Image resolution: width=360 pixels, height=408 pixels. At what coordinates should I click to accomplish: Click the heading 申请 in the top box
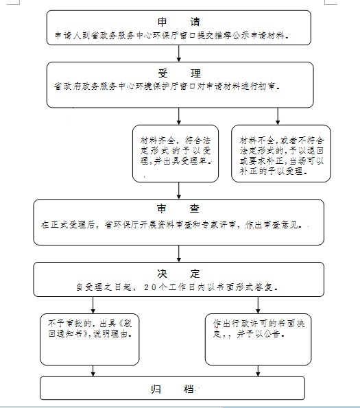point(179,22)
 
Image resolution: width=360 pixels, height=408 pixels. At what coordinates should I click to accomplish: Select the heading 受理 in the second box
point(179,73)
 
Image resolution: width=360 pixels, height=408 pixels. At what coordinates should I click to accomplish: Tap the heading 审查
point(178,208)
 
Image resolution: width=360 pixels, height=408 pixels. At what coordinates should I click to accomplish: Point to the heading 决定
point(178,274)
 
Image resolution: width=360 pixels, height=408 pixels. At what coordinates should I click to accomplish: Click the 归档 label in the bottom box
point(172,389)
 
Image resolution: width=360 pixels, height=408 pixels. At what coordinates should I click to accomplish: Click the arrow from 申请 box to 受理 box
point(179,53)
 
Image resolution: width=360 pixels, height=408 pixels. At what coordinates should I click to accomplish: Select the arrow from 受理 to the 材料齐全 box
point(179,116)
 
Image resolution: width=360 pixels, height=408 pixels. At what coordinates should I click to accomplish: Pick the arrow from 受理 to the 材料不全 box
point(278,116)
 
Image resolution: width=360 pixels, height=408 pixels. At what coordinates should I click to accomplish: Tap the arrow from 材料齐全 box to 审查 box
point(179,191)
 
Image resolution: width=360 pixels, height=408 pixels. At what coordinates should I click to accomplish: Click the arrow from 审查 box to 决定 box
point(179,254)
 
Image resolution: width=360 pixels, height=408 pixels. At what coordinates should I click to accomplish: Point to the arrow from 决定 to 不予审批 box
point(93,305)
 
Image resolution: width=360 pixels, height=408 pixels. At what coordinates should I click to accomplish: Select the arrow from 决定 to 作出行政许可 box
point(258,305)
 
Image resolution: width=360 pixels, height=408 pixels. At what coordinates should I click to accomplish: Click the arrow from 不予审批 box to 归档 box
point(93,371)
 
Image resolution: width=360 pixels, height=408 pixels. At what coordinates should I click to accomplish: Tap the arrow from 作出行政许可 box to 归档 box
point(258,371)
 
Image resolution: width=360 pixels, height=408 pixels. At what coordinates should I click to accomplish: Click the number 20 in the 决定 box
point(150,287)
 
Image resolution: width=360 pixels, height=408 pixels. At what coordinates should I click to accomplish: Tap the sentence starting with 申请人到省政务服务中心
point(171,35)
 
